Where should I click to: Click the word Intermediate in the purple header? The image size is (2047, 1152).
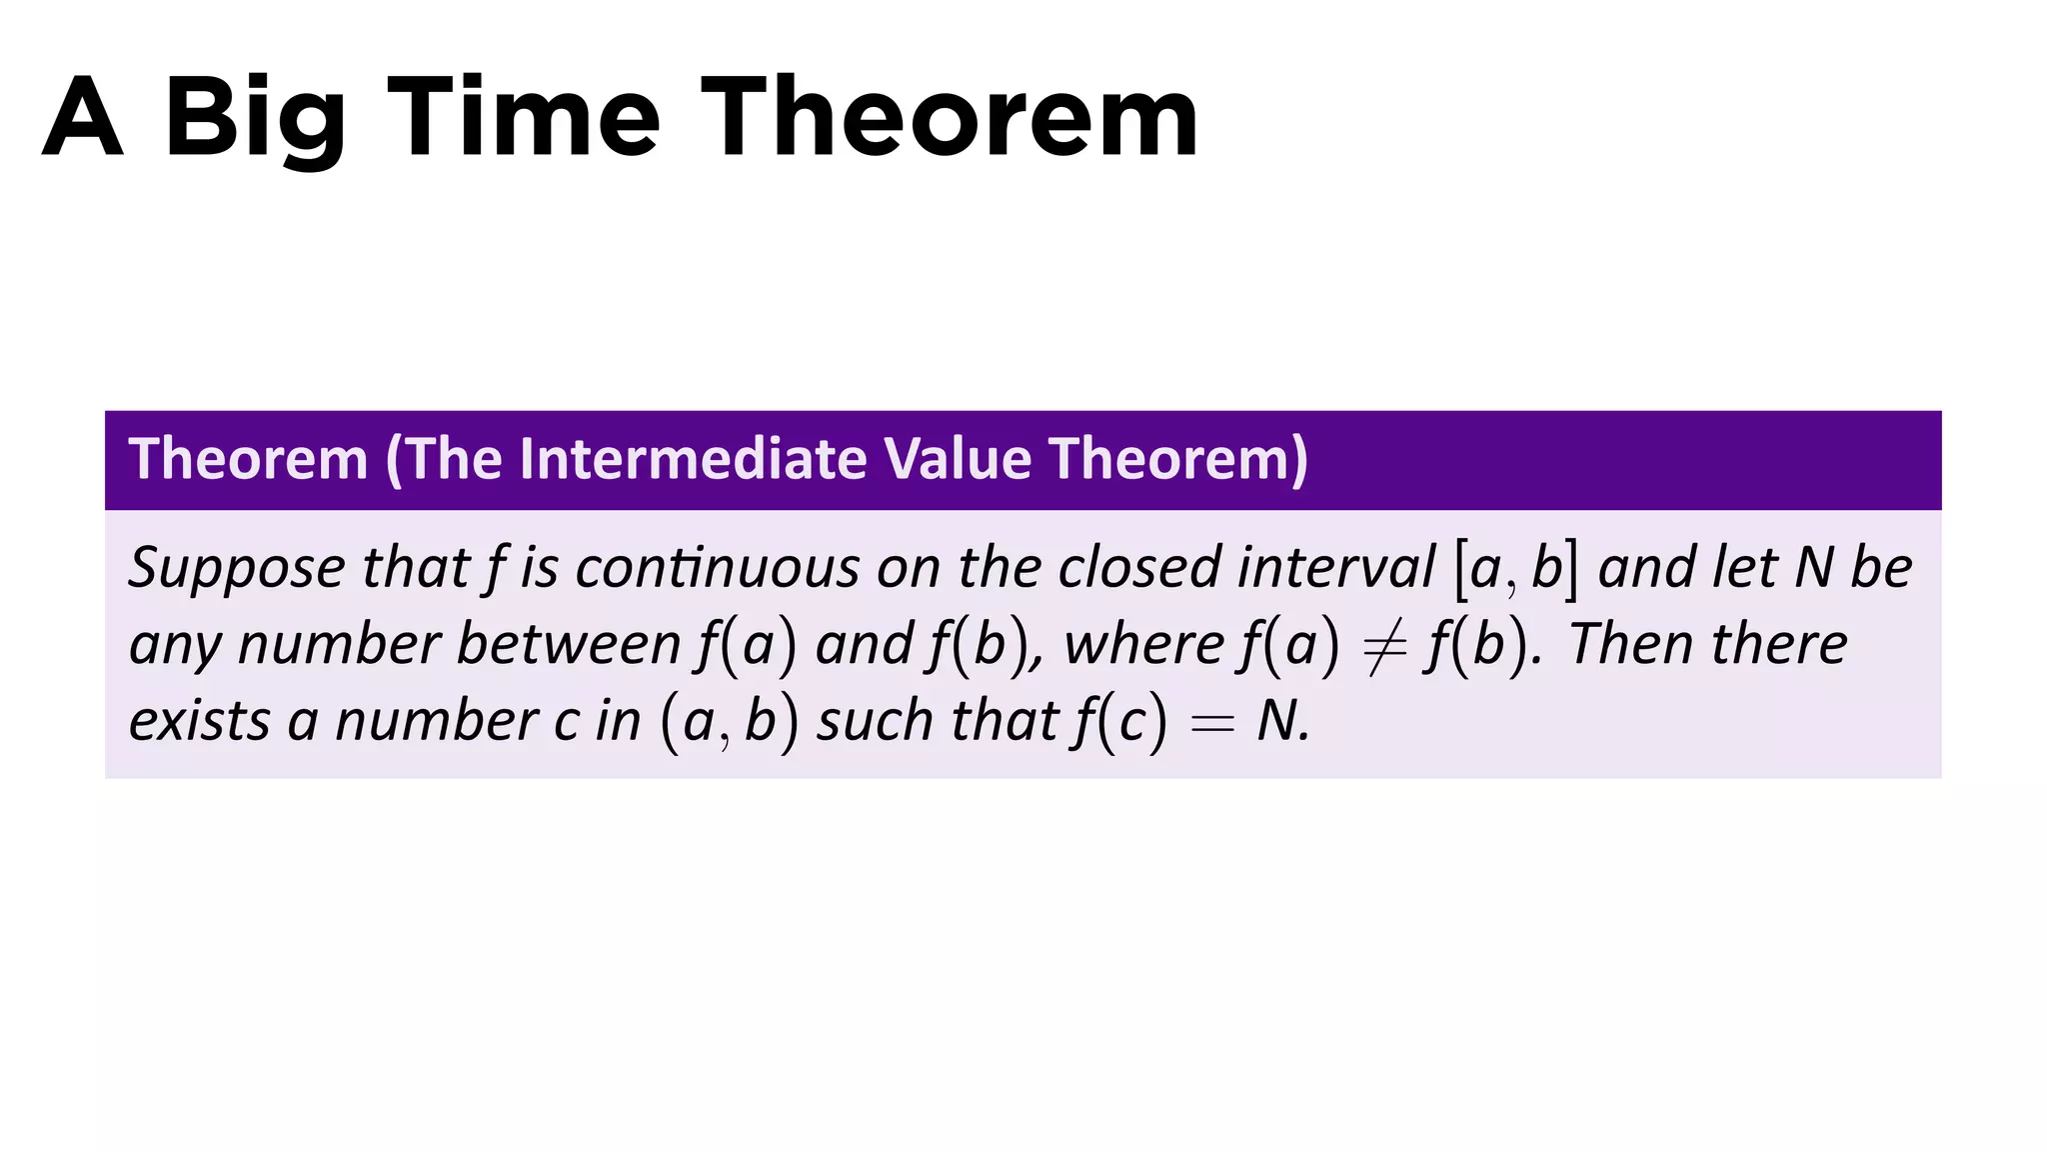click(x=693, y=459)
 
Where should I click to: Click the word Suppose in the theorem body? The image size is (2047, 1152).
click(x=236, y=569)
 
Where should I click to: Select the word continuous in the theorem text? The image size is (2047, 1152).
click(x=717, y=567)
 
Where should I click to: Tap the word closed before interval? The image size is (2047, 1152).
click(x=1139, y=567)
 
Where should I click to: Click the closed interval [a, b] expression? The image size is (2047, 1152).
click(x=1517, y=569)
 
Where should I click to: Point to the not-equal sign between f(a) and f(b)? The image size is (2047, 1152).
click(x=1384, y=645)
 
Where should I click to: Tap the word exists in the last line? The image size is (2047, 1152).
click(x=199, y=720)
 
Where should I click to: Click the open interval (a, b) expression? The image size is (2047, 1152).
click(x=730, y=721)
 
